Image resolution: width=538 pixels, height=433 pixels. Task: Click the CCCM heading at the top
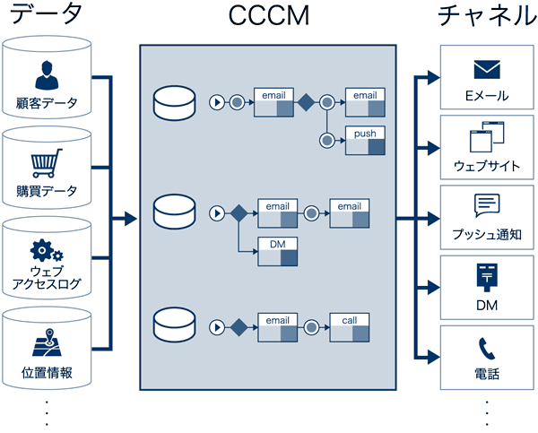pos(267,17)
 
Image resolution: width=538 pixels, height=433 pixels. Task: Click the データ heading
pos(46,16)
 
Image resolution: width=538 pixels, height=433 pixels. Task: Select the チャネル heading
pos(485,16)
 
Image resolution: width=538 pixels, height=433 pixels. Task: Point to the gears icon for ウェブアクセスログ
pos(47,250)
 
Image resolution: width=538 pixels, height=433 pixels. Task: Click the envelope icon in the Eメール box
pos(487,69)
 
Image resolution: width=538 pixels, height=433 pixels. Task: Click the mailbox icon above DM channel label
pos(485,277)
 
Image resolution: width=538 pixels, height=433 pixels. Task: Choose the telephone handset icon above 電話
pos(487,348)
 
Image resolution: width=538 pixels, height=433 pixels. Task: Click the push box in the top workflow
pos(365,139)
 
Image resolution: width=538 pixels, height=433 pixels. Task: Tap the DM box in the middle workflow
pos(277,251)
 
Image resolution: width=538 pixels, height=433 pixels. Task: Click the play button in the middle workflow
pos(215,213)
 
